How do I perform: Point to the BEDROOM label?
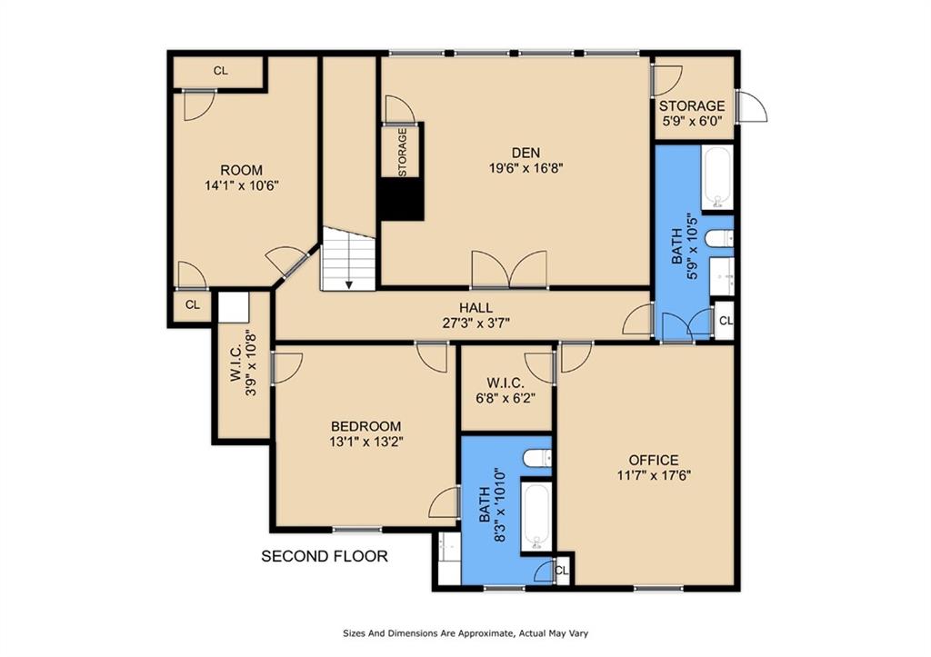pyautogui.click(x=365, y=426)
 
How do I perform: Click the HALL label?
pyautogui.click(x=476, y=308)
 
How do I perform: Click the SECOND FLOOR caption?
pyautogui.click(x=325, y=556)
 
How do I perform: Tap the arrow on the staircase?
pyautogui.click(x=348, y=283)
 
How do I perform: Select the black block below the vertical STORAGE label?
pyautogui.click(x=401, y=200)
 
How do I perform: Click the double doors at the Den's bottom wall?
pyautogui.click(x=509, y=270)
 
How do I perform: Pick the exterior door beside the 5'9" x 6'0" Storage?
pyautogui.click(x=752, y=106)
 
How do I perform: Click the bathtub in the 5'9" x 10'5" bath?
pyautogui.click(x=717, y=177)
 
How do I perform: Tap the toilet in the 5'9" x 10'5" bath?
pyautogui.click(x=720, y=239)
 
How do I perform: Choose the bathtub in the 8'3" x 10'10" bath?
pyautogui.click(x=536, y=518)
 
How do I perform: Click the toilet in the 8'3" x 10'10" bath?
pyautogui.click(x=537, y=458)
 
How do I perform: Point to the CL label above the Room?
pyautogui.click(x=221, y=71)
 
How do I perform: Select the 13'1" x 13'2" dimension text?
pyautogui.click(x=365, y=442)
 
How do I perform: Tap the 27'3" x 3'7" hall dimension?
pyautogui.click(x=476, y=323)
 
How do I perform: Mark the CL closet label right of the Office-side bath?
pyautogui.click(x=725, y=321)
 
